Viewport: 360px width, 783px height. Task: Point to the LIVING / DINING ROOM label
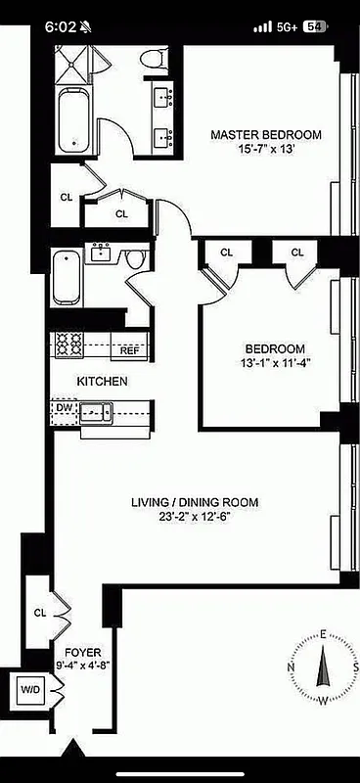[x=195, y=503]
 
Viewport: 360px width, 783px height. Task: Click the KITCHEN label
[x=102, y=381]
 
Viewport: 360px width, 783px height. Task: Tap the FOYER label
[x=83, y=651]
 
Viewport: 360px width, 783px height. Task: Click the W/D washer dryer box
[x=30, y=690]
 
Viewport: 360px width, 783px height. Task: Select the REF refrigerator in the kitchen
[x=129, y=349]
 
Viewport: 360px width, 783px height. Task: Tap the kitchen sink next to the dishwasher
[x=96, y=412]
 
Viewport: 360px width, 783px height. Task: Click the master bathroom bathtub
[x=72, y=121]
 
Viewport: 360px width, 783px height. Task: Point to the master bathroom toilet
[x=151, y=60]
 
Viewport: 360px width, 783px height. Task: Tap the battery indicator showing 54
[x=315, y=27]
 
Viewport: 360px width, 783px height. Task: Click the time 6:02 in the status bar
[x=61, y=27]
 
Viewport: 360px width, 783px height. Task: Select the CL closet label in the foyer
[x=40, y=613]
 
